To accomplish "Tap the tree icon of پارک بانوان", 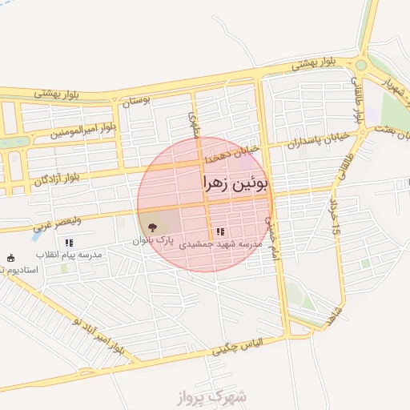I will (153, 227).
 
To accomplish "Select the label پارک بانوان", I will (153, 240).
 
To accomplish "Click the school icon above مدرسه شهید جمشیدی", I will (220, 231).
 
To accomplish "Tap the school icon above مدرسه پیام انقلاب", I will (69, 242).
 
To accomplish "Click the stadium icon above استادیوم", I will (10, 258).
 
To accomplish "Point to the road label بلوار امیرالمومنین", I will (82, 131).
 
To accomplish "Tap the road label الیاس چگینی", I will (249, 347).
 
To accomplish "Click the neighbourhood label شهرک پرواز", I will (215, 396).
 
